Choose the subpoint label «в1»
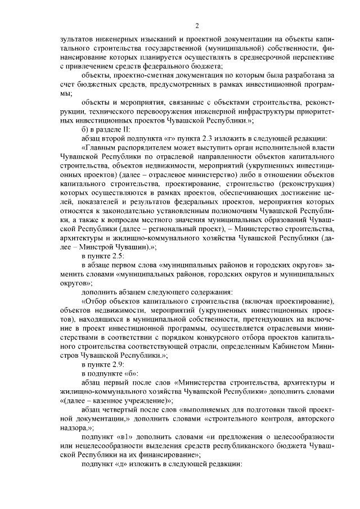pos(128,437)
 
